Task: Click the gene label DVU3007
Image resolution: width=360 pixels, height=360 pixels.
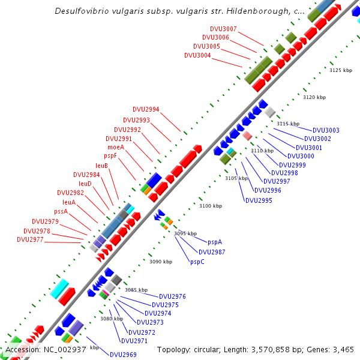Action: click(223, 29)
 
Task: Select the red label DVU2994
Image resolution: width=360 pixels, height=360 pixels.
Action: click(146, 109)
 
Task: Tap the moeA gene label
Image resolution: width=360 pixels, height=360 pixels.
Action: click(116, 147)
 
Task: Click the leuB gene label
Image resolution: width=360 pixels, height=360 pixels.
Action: click(101, 166)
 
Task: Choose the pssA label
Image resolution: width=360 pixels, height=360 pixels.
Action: click(61, 211)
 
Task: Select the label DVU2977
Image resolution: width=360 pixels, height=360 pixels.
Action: click(30, 239)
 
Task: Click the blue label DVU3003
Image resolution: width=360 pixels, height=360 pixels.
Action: click(326, 130)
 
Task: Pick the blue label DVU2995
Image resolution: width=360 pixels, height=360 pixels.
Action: click(259, 200)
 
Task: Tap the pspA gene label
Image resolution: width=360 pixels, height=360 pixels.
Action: click(215, 242)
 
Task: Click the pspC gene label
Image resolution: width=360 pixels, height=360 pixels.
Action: click(197, 262)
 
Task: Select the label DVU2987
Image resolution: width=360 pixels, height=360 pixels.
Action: click(212, 252)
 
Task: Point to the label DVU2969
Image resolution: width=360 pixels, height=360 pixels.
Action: click(123, 355)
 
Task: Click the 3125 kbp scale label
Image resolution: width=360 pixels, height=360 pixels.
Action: click(340, 70)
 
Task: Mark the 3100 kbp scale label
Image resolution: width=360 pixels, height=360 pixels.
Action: click(211, 206)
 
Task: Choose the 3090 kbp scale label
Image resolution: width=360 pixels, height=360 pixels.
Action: click(160, 262)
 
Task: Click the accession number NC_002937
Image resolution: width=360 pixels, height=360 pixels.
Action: click(63, 349)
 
